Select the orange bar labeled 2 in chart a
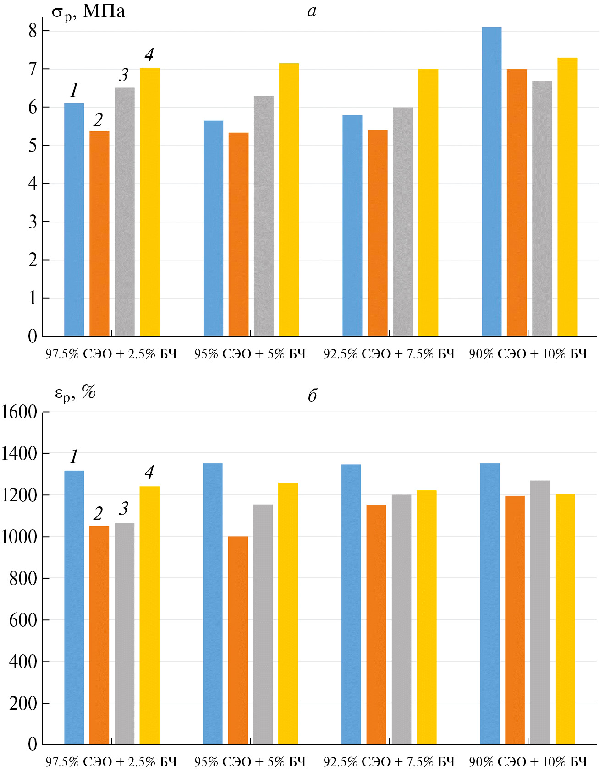click(x=99, y=233)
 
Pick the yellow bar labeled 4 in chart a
click(x=149, y=202)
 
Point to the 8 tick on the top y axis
click(x=33, y=31)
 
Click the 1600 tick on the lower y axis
click(x=19, y=412)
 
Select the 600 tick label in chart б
click(x=23, y=620)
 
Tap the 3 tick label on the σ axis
click(x=33, y=222)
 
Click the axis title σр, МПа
click(x=88, y=11)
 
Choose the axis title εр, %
click(x=75, y=393)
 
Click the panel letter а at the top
click(x=312, y=11)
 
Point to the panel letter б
click(x=312, y=395)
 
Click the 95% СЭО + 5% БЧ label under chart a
click(x=250, y=354)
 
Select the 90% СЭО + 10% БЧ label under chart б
click(x=528, y=762)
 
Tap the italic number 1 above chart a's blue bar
click(x=74, y=90)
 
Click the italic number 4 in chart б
click(x=149, y=472)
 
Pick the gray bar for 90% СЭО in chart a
click(x=542, y=208)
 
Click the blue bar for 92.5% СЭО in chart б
click(x=351, y=604)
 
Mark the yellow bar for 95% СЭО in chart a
click(x=289, y=200)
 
